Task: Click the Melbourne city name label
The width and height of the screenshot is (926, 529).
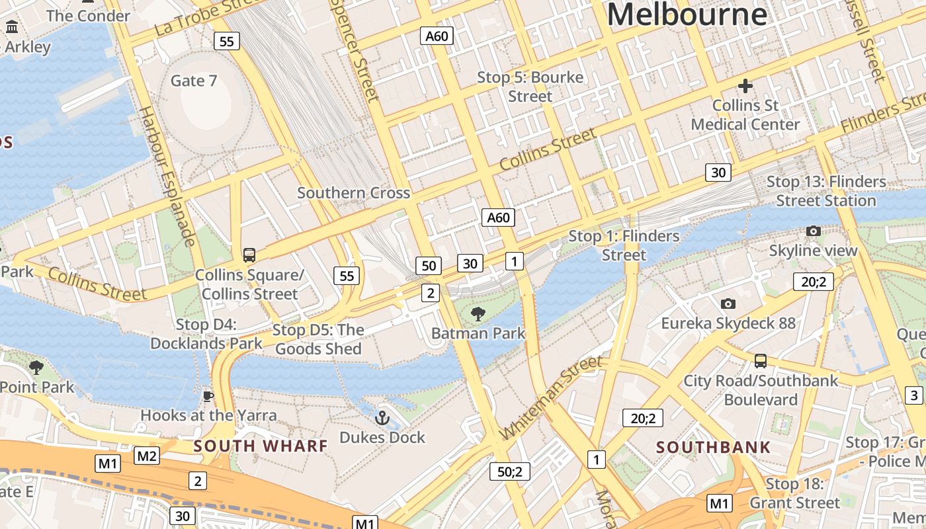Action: pos(687,15)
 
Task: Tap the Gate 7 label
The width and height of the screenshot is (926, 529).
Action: pos(194,81)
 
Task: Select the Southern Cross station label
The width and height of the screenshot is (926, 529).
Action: pos(353,193)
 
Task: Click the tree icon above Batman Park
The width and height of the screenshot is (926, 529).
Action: pos(477,313)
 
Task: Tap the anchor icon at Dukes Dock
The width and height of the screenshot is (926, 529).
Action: pos(382,417)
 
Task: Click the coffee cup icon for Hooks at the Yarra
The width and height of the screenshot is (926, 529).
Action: pos(208,396)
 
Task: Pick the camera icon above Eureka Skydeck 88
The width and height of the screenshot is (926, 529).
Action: pos(728,304)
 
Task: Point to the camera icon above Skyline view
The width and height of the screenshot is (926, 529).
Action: pos(813,231)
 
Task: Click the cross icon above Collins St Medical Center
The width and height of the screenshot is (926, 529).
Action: pos(745,86)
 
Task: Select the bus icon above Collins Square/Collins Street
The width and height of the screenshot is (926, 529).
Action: pos(249,255)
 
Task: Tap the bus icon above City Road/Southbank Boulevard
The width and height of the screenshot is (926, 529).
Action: pos(761,361)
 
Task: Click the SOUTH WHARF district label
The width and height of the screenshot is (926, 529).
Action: pos(261,446)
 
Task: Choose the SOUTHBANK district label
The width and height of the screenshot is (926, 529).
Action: pos(713,447)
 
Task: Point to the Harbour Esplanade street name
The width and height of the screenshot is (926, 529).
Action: pos(168,175)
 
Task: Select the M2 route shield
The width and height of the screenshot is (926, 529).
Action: pos(147,455)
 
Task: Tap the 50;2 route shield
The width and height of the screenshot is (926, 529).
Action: pos(509,471)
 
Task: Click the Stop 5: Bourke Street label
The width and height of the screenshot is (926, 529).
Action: pos(530,87)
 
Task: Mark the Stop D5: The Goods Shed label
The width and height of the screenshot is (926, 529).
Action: pos(318,339)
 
